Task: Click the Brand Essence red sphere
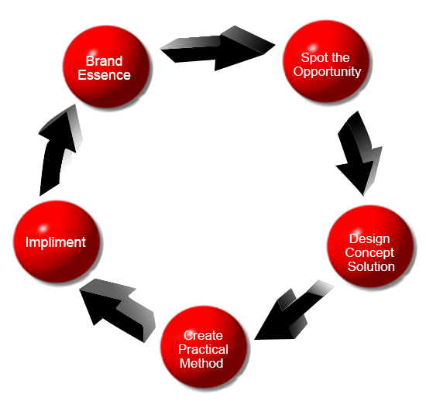106,67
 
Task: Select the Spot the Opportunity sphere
326,61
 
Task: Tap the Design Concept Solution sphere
370,246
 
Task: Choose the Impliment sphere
57,242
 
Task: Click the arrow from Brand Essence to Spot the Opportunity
218,49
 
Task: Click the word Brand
104,61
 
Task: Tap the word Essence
104,75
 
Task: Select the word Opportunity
327,72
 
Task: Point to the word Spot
313,57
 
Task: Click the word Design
369,239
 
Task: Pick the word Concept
369,253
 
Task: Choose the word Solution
371,266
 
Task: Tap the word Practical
203,349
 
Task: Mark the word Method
201,363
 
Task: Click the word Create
203,335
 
